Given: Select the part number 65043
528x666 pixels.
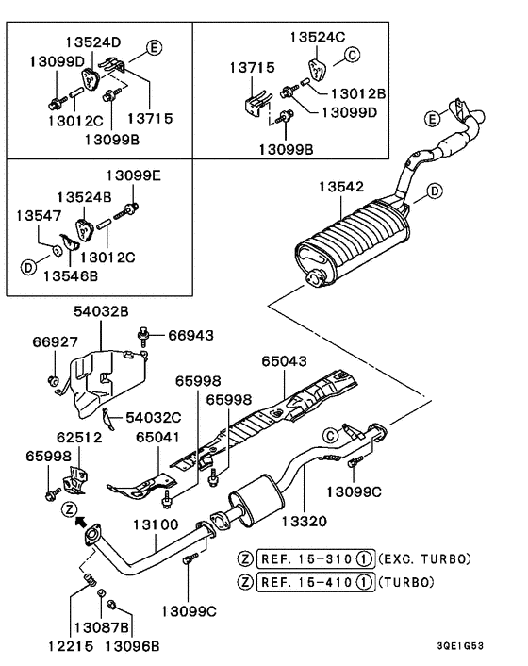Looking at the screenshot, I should click(285, 360).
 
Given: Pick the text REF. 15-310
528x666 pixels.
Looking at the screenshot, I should click(305, 559).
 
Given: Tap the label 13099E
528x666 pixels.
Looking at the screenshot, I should click(133, 175).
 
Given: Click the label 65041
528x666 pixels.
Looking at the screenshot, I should click(157, 437).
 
